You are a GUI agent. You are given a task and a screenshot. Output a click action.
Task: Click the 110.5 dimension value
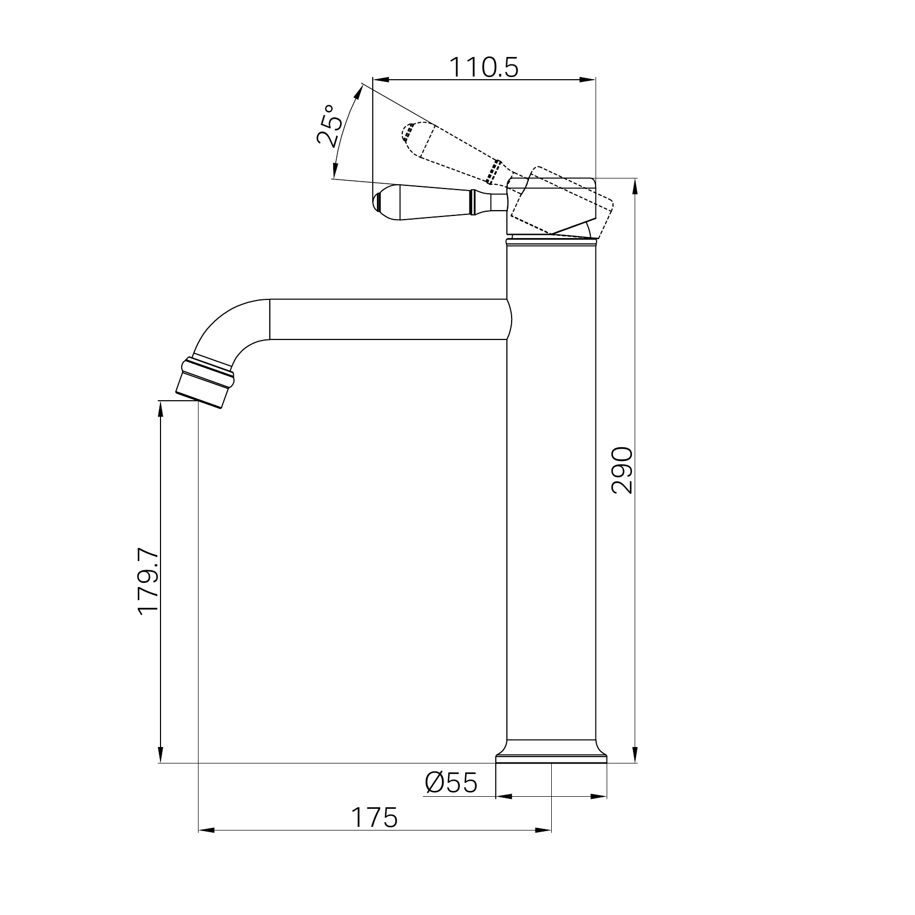(484, 67)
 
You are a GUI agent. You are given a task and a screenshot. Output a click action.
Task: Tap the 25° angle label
(329, 125)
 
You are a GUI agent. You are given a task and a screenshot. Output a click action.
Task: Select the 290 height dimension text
(621, 470)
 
